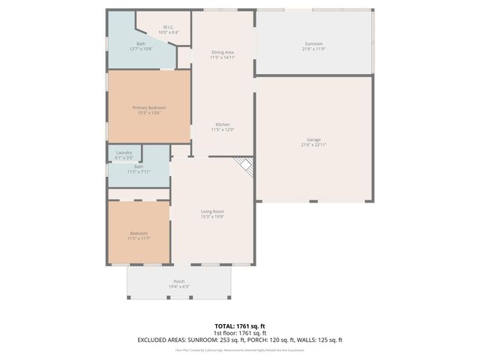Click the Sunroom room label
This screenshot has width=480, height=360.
314,43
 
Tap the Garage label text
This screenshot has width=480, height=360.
314,140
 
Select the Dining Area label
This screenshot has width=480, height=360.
223,52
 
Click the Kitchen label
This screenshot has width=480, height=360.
223,124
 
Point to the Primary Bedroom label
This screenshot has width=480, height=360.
149,108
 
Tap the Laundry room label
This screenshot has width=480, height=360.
124,153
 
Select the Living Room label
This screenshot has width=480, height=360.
212,211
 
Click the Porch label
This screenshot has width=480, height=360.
178,281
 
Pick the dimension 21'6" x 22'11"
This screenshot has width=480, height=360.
314,145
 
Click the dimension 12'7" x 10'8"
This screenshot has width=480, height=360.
141,49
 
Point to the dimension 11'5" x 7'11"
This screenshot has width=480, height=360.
139,172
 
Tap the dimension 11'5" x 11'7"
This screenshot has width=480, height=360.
139,238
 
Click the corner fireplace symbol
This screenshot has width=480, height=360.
244,165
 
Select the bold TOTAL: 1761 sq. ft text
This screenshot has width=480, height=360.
239,326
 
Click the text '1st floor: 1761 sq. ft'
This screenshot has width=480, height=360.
239,333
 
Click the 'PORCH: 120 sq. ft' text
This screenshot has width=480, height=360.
262,340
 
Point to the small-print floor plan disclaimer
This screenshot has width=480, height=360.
239,349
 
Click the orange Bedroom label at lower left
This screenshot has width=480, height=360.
139,233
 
